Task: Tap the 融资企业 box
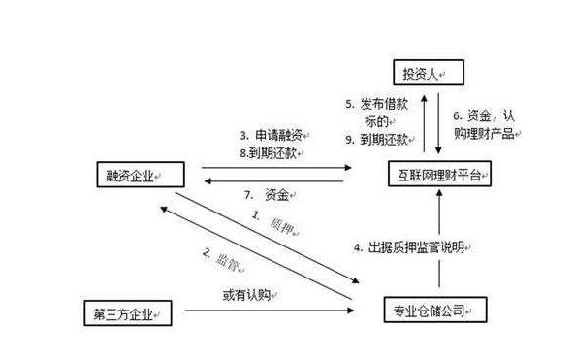click(129, 176)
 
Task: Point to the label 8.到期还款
click(272, 152)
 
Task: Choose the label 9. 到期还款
click(379, 140)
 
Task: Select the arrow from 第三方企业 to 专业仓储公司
click(262, 311)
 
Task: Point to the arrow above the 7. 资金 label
click(276, 180)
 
